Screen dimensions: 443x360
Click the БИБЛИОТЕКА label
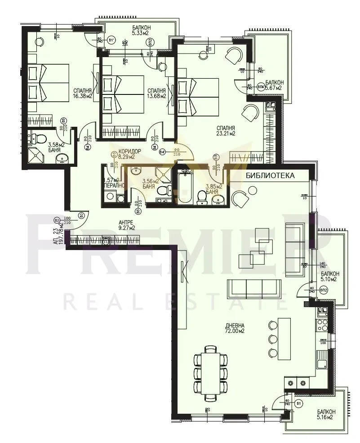point(270,175)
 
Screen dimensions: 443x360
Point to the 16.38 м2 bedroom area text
point(83,96)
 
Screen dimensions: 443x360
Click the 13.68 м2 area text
point(156,96)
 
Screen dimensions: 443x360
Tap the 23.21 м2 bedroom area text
point(226,133)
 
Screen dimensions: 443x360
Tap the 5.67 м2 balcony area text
point(273,88)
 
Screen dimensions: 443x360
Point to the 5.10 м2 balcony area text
point(329,279)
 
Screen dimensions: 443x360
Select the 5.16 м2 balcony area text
point(325,417)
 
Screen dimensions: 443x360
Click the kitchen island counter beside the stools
point(284,338)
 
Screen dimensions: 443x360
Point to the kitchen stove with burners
point(323,322)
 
